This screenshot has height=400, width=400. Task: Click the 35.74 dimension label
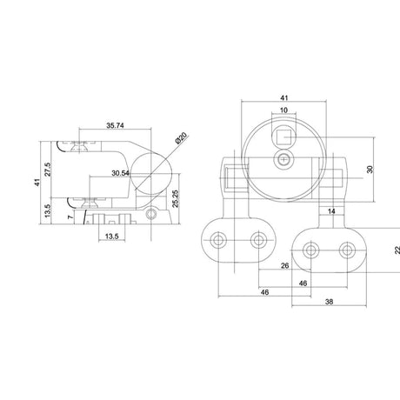(x=115, y=125)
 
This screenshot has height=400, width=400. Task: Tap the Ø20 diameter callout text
(x=182, y=138)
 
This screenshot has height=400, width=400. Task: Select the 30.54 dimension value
(x=120, y=173)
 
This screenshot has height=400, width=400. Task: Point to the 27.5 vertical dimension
(x=48, y=169)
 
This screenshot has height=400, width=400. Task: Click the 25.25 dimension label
(x=175, y=199)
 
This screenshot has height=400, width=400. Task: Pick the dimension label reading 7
(x=70, y=217)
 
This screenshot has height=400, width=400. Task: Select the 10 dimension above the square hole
(x=283, y=110)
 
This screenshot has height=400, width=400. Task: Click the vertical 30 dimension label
(x=370, y=170)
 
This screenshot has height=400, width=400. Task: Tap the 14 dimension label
(x=331, y=211)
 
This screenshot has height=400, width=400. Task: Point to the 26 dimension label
(x=285, y=265)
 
